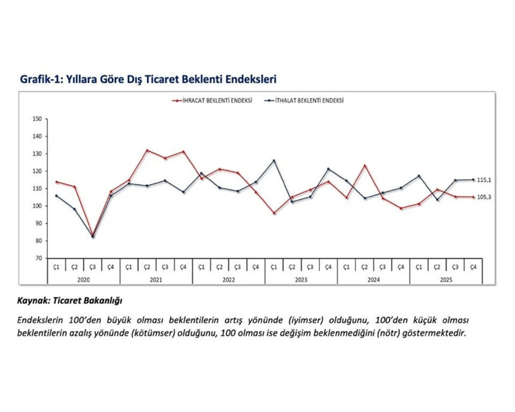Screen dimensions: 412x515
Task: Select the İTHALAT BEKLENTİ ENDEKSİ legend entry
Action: (x=306, y=101)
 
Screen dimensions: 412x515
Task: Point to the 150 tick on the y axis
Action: (x=37, y=119)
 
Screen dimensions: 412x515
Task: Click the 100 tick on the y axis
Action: (x=37, y=206)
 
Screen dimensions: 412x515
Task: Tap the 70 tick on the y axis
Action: (x=37, y=258)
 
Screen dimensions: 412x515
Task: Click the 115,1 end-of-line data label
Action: (x=484, y=180)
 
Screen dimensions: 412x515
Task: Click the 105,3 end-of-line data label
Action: (x=484, y=198)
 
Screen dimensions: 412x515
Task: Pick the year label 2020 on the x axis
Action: (x=83, y=278)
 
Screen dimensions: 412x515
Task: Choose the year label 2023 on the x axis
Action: (x=301, y=278)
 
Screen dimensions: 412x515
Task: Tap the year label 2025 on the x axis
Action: (x=446, y=278)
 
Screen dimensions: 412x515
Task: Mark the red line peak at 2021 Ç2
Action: (x=147, y=150)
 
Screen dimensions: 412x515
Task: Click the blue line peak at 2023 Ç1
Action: (x=274, y=160)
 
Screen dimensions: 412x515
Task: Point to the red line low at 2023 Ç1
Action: (x=274, y=213)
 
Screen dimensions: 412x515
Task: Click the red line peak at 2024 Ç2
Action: (x=365, y=165)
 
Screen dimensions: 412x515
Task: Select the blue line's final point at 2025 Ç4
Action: (x=473, y=180)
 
